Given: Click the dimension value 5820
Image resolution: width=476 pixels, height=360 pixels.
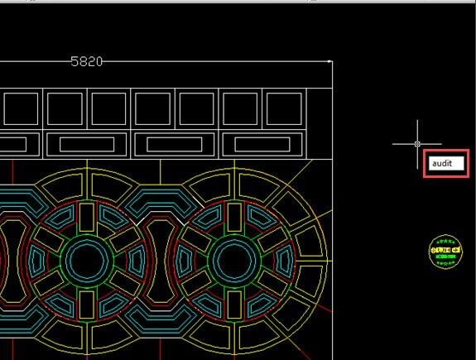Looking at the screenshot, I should pos(87,61).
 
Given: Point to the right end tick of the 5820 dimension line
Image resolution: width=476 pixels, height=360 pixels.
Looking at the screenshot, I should pos(330,61).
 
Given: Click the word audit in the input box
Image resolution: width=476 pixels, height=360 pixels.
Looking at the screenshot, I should pos(442,164).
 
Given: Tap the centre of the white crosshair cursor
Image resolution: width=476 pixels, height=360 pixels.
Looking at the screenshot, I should pos(417,143).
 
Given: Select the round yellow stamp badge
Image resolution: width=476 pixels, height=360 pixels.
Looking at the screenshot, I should pos(445,252).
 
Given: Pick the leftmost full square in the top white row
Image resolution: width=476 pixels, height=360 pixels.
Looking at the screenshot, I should pos(22,108).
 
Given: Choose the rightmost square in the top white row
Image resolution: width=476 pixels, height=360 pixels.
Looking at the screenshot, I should pos(284,108).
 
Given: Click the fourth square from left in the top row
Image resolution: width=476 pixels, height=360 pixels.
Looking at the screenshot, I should pos(153,108).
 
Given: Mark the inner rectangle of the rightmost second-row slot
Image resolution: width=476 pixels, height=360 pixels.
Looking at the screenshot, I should pos(257,145).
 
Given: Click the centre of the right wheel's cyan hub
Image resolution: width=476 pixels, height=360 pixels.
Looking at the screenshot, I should pos(231,259).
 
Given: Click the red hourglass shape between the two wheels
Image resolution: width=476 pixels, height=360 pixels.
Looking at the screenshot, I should pos(158,259).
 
